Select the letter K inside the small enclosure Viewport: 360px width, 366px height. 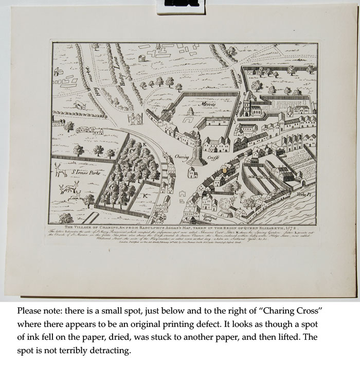tap(146, 196)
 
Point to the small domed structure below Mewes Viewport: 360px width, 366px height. tap(189, 112)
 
